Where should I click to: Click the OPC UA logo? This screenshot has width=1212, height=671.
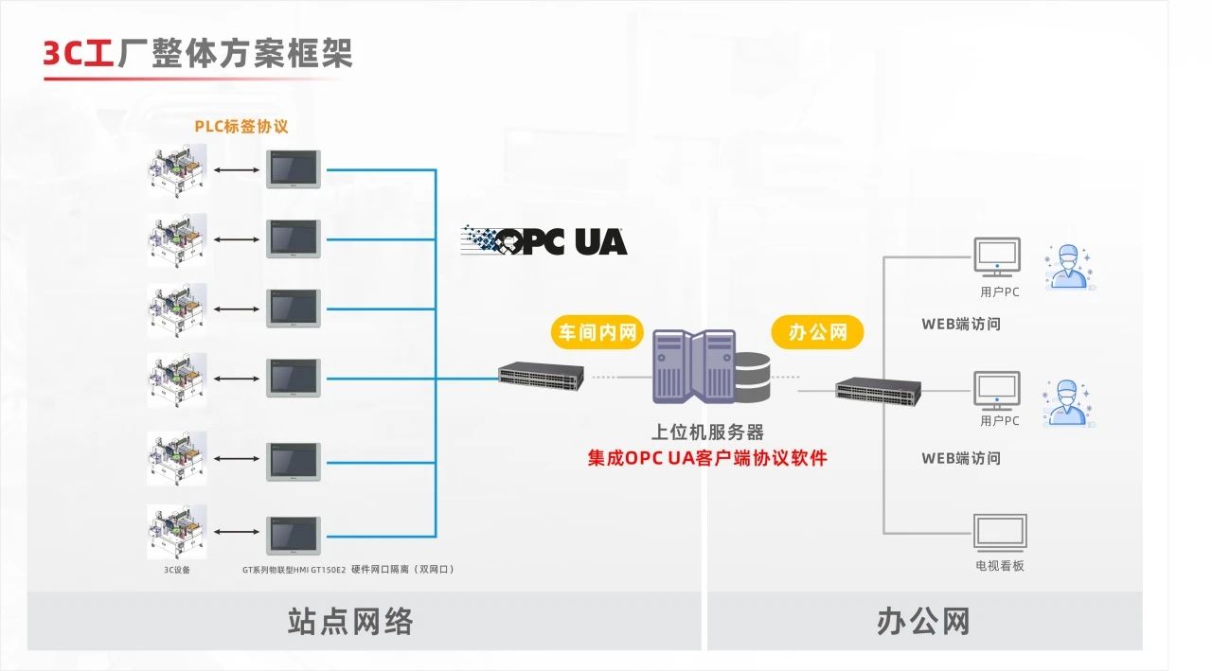544,240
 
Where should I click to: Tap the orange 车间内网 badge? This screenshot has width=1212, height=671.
597,332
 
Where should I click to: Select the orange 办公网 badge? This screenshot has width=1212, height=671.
818,332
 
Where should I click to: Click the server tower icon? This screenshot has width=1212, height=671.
693,367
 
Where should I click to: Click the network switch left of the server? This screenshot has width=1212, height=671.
542,375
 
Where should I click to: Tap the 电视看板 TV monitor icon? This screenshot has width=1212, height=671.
1000,533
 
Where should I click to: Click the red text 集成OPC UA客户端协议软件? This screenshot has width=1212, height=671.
707,458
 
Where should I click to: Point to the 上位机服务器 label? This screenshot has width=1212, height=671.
707,433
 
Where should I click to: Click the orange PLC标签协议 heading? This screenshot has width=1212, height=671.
241,126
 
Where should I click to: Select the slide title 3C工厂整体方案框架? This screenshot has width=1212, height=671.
197,53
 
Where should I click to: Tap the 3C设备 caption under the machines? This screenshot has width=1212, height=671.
177,570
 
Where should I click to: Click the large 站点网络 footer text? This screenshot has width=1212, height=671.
350,622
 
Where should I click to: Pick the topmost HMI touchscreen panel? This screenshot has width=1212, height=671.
294,169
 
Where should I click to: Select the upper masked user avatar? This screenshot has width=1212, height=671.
1067,266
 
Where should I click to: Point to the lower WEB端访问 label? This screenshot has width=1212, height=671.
961,458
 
